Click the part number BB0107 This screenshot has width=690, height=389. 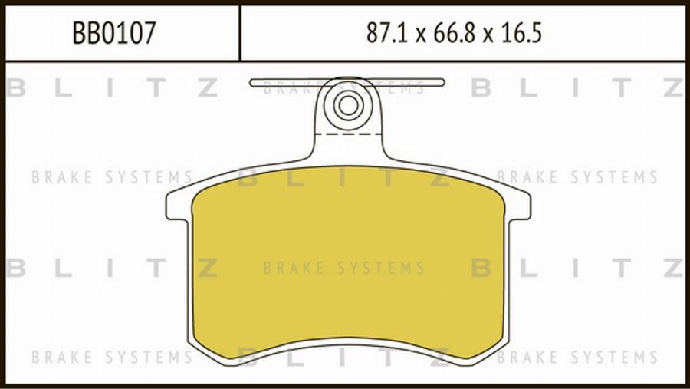114,33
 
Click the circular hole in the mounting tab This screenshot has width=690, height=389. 348,105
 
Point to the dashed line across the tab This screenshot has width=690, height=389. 348,134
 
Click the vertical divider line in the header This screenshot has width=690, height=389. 240,32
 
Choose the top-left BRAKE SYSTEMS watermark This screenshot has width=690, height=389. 112,178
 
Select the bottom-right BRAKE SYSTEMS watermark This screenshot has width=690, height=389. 577,357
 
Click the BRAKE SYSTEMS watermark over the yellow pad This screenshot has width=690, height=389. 343,269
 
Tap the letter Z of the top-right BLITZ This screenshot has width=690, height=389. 673,88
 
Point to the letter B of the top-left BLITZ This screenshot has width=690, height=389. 15,88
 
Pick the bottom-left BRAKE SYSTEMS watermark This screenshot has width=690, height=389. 112,357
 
